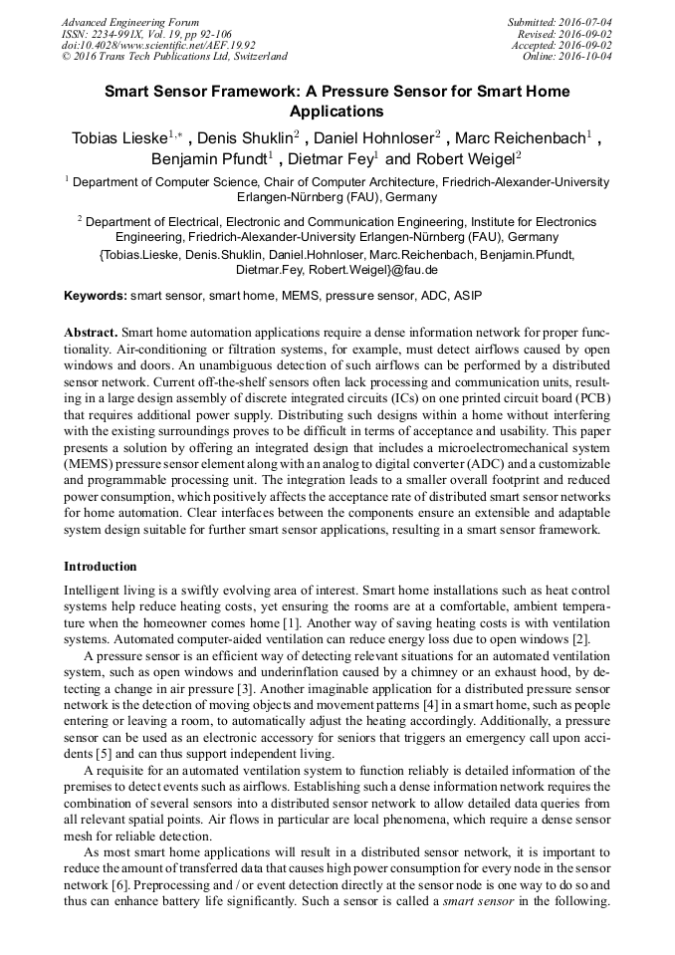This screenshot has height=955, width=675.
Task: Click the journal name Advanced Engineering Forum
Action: tap(129, 22)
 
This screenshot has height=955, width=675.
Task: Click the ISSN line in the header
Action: tap(146, 34)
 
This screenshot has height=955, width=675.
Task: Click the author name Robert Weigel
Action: tap(462, 158)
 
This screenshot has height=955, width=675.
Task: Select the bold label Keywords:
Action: tap(96, 296)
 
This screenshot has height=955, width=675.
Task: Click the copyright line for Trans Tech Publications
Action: tap(174, 57)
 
